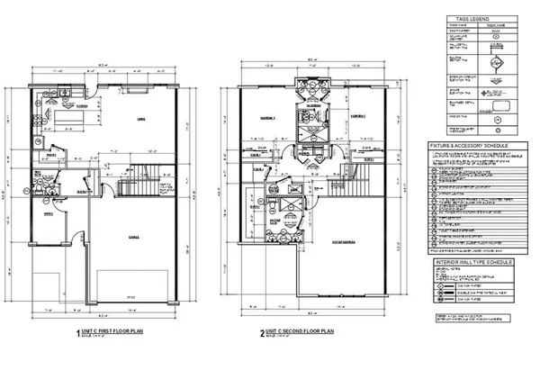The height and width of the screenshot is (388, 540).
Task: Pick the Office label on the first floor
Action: coord(50,212)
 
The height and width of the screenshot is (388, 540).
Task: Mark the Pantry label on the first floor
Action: coord(52,153)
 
